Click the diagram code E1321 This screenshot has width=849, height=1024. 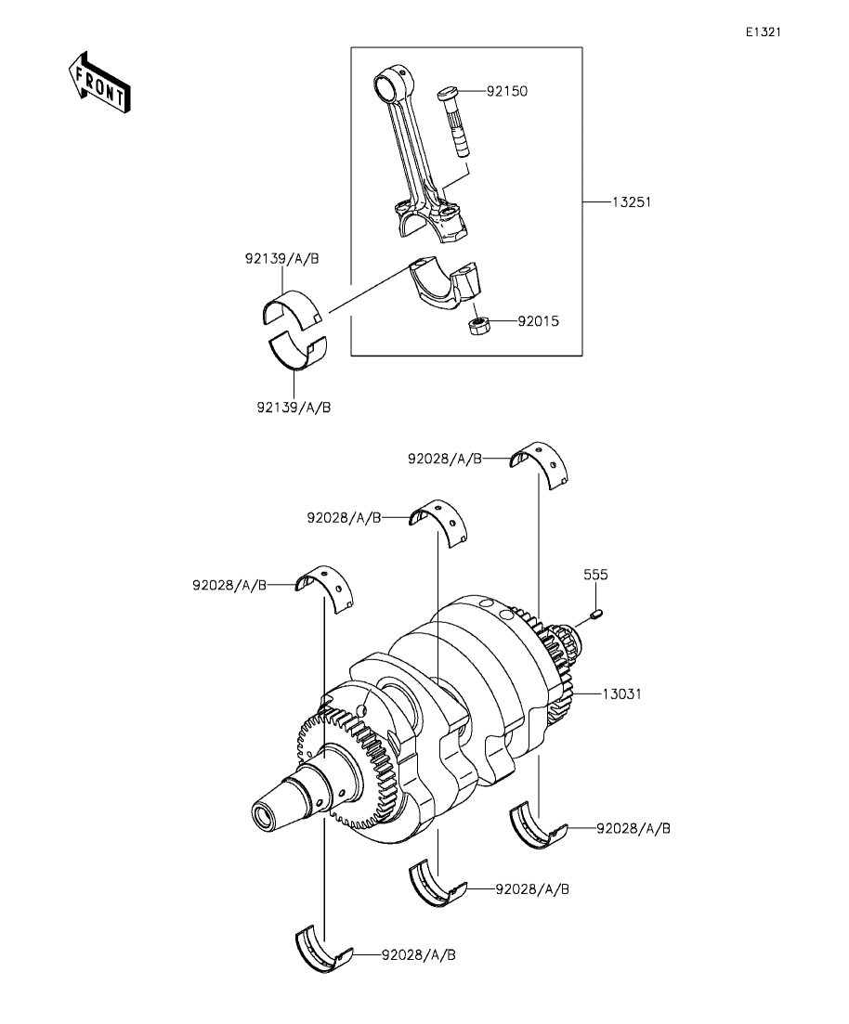[764, 32]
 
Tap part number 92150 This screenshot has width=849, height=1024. [506, 91]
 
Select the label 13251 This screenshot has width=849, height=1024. [632, 202]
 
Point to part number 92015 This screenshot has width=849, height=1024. [539, 321]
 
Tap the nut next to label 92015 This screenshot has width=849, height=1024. [479, 325]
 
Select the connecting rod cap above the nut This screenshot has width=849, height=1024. [445, 282]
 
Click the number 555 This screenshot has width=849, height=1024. [595, 575]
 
